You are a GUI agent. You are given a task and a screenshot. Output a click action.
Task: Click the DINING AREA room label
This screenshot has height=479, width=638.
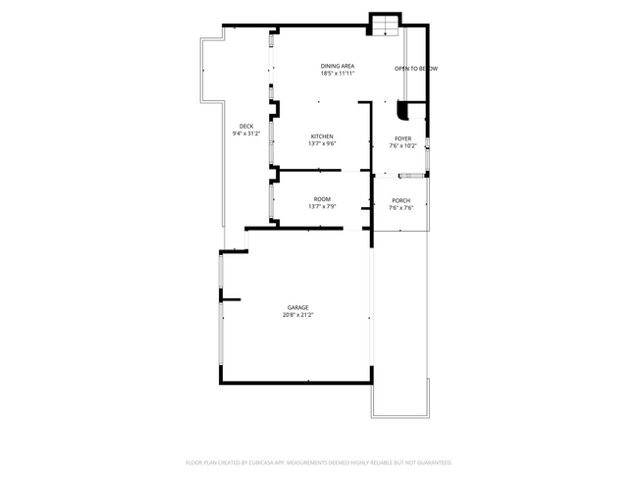337,66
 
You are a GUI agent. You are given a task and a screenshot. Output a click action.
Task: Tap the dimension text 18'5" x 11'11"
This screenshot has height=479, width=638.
337,74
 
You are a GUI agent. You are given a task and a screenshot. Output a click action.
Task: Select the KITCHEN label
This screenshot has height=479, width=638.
322,136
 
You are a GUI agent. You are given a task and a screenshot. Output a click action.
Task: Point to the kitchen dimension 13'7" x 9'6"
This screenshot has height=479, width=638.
322,144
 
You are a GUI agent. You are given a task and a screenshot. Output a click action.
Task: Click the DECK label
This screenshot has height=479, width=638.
245,126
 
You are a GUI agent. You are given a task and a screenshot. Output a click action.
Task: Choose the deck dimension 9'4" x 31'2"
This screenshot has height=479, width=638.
245,133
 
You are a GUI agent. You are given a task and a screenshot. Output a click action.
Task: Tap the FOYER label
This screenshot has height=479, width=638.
402,138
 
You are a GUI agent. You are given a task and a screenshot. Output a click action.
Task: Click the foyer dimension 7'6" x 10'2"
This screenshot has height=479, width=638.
402,146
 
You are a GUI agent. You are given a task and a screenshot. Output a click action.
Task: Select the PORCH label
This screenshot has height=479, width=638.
400,200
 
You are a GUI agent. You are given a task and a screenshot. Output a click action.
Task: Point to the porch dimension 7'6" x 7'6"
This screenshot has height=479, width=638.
400,208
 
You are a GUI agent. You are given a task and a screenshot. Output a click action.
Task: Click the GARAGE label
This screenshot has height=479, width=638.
297,307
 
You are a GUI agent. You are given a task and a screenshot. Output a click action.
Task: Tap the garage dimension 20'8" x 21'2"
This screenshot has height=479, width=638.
297,315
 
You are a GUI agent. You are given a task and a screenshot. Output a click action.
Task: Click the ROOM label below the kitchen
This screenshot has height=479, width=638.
322,199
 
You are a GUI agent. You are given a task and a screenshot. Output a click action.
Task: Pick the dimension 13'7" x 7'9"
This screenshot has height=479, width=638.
322,207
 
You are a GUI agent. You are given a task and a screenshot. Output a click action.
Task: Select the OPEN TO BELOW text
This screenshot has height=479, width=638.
415,69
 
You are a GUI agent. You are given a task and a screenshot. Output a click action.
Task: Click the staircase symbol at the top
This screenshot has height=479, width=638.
385,25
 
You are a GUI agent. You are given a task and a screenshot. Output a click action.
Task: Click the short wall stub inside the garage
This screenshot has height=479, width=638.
232,299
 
